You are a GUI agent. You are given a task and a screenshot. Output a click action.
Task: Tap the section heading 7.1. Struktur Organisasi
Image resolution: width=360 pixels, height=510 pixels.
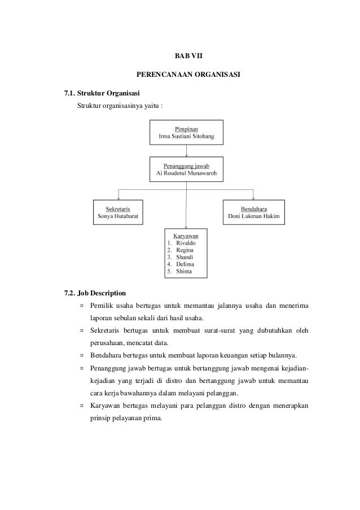point(103,93)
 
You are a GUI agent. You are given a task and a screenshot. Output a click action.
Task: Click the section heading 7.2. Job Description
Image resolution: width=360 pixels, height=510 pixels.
point(95,293)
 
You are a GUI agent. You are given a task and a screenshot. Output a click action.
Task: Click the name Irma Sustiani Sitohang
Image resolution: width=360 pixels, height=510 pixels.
point(186,136)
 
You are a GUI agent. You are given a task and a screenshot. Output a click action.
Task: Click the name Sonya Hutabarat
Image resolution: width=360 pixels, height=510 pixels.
point(118,216)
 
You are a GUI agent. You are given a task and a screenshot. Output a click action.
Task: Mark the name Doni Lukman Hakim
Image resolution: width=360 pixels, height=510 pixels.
point(253,216)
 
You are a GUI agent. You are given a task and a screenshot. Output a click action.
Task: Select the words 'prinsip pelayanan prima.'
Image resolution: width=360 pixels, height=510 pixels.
point(125,419)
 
